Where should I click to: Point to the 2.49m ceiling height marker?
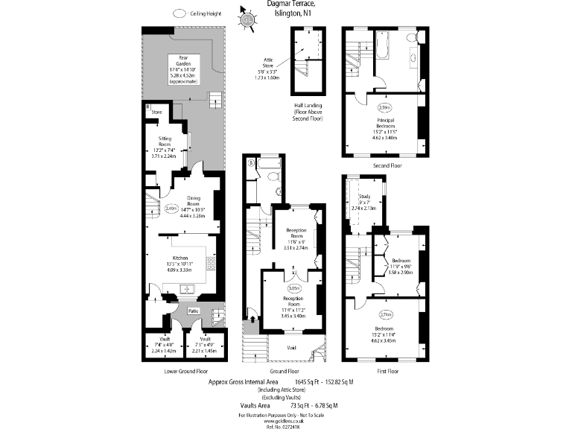point(171,209)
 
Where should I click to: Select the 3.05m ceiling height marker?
point(293,287)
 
